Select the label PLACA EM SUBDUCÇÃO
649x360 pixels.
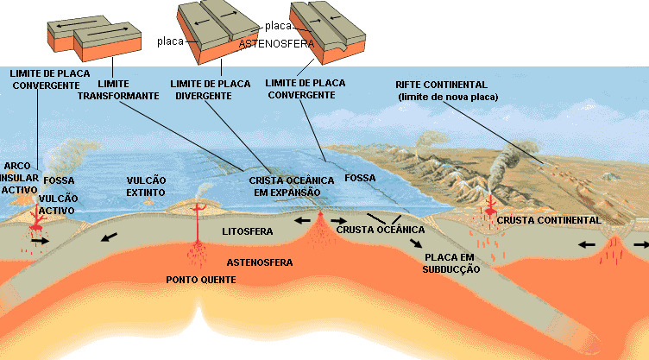coord(451,263)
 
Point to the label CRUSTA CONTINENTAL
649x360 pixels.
coord(548,221)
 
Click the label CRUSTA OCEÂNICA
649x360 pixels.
coord(380,229)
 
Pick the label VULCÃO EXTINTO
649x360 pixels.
coord(146,186)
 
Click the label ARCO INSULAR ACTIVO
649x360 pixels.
coord(19,177)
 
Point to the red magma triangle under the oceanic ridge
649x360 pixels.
coord(320,226)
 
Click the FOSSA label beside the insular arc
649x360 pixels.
coord(60,180)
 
